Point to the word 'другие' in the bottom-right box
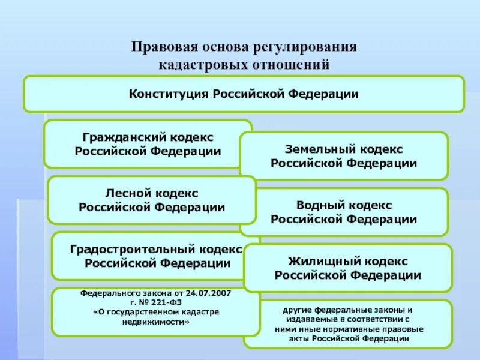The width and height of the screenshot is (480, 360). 297,310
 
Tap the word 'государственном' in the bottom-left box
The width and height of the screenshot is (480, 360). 131,313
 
